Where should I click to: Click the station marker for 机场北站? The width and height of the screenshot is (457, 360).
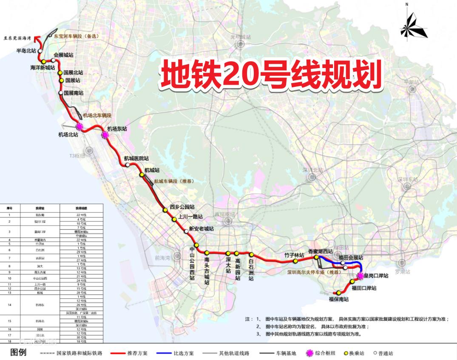(79, 126)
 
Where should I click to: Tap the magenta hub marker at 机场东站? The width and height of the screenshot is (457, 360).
(105, 135)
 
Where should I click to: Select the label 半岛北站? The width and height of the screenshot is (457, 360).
(26, 51)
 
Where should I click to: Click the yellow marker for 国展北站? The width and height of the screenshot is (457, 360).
(60, 73)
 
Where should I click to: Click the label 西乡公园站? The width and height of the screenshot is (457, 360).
(182, 207)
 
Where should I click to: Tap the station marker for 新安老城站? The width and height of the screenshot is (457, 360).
(186, 231)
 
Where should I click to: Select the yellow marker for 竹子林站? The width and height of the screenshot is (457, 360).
(295, 261)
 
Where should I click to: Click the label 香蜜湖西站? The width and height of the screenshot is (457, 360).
(321, 251)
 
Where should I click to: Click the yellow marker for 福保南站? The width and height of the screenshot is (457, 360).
(339, 293)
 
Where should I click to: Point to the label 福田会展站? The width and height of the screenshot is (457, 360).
(351, 257)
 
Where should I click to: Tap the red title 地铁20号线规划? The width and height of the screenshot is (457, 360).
(270, 75)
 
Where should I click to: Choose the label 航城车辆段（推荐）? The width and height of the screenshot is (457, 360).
(174, 181)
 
